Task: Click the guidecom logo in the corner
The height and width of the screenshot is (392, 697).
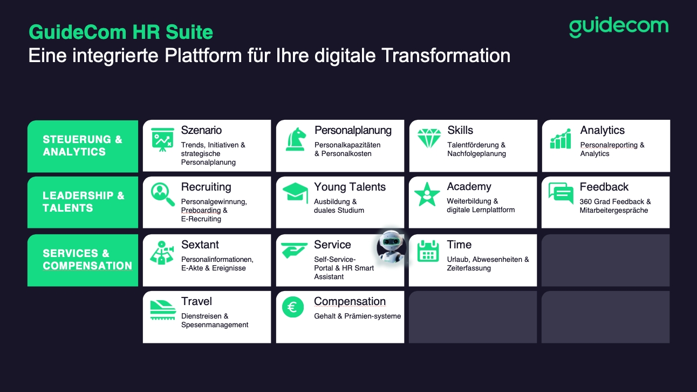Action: click(619, 27)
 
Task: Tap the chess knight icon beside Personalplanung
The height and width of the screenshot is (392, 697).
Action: click(295, 139)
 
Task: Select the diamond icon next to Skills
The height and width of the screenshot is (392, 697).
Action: click(429, 138)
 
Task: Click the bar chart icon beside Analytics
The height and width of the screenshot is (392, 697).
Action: click(561, 139)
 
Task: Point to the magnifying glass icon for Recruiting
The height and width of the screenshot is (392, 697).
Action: click(162, 194)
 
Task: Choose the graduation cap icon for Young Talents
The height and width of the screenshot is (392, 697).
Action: click(295, 192)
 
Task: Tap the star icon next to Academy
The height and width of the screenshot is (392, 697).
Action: click(427, 194)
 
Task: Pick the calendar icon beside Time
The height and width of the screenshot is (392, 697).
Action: click(428, 251)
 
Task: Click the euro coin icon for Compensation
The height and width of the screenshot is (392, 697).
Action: click(293, 307)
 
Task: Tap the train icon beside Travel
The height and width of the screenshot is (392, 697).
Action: click(163, 310)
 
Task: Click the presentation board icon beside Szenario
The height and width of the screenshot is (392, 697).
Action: click(162, 139)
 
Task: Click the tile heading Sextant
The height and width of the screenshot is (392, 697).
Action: click(200, 245)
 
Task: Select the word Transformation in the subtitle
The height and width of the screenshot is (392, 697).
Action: click(446, 56)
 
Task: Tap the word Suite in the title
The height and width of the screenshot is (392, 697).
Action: click(189, 32)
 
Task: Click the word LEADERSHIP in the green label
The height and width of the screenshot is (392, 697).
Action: click(78, 195)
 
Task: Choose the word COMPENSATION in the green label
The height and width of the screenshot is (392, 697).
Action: click(87, 266)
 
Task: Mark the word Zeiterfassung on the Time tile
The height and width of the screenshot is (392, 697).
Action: click(469, 268)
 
